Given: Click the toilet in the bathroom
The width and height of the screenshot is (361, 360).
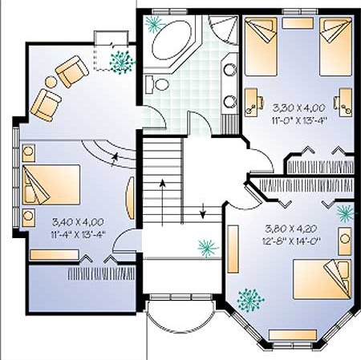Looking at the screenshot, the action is pos(157,84).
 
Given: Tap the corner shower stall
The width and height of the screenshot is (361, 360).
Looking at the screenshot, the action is pos(224,29).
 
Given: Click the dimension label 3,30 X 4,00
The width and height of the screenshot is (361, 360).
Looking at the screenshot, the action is pos(299,108).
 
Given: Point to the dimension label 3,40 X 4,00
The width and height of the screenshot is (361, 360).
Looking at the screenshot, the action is pos(78,222).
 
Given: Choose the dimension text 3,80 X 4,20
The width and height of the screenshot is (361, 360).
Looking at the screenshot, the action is pos(291,229).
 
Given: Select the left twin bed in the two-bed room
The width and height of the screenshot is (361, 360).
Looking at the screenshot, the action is pos(261,47).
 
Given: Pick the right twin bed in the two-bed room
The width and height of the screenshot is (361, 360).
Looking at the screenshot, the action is pos(335,47).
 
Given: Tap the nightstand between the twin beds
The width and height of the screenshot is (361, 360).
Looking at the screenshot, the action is pos(298,23).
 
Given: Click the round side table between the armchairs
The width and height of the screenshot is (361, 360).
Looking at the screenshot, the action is pos(51,82).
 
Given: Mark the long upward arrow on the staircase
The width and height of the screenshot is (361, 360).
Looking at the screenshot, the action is pos(162,203).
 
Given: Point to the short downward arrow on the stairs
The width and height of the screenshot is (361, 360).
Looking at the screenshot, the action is pos(203,211).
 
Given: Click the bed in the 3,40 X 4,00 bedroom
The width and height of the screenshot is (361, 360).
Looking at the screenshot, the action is pos(51,184).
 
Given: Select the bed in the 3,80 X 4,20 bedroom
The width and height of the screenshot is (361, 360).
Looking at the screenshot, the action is pos(322,279).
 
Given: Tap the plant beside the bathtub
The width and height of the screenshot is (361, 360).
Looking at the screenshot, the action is pos(155,23).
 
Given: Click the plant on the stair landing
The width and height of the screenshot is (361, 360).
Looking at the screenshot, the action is pos(208,247).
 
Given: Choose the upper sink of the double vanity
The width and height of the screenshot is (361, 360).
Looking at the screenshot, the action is pos(230,70).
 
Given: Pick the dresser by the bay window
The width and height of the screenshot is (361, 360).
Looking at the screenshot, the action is pos(293,335).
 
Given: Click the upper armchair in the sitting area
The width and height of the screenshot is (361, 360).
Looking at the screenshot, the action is pos(72,71).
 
